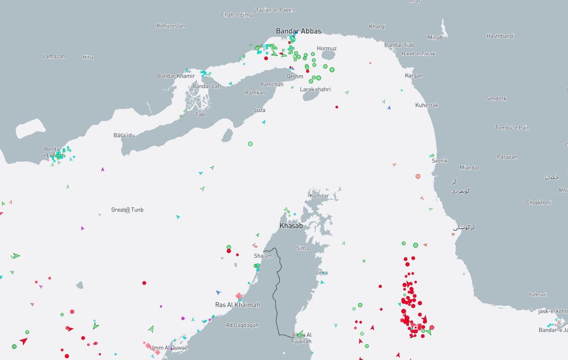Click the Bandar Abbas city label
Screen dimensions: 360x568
(x=299, y=31)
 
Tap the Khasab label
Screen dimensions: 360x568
(x=291, y=226)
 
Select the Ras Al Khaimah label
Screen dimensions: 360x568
(x=237, y=305)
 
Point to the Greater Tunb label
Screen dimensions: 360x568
(x=127, y=210)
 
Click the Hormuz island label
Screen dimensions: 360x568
(x=327, y=48)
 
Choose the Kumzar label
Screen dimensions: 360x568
(x=319, y=196)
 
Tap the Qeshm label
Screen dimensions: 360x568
(x=295, y=76)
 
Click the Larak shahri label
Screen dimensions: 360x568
(x=315, y=89)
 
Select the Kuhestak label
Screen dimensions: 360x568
(x=427, y=105)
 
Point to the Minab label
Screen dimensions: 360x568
(x=435, y=37)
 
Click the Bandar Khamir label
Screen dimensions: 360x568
(x=176, y=76)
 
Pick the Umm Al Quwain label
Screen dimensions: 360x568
(x=170, y=348)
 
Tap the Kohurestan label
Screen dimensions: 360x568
(x=171, y=26)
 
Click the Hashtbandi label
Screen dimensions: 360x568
(x=500, y=36)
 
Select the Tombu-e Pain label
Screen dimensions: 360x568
(x=512, y=128)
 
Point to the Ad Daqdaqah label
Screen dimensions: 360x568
(x=242, y=325)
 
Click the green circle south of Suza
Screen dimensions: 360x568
(x=250, y=143)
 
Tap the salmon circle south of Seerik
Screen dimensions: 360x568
(x=418, y=176)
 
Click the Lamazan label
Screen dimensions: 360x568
(x=54, y=56)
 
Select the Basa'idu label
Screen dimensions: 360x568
(x=124, y=135)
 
